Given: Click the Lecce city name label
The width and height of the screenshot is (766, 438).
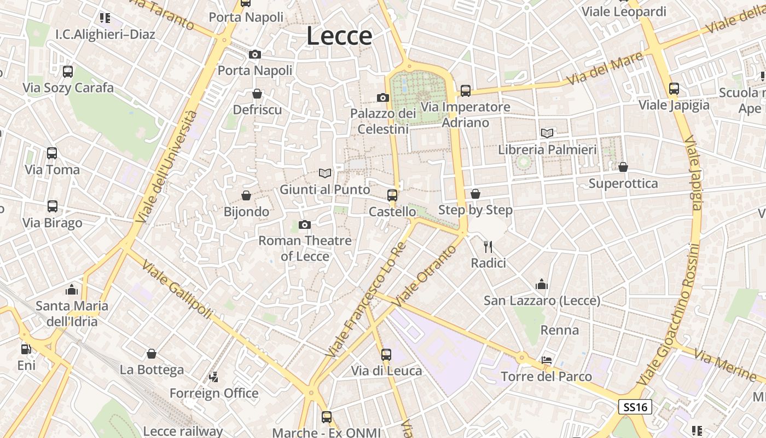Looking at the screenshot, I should pyautogui.click(x=339, y=36).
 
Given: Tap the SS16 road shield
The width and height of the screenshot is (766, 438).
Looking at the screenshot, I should pyautogui.click(x=635, y=407).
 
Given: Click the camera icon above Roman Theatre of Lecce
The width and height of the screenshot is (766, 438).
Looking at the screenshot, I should pyautogui.click(x=305, y=224).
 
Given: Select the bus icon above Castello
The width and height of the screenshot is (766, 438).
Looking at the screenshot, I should pyautogui.click(x=392, y=195).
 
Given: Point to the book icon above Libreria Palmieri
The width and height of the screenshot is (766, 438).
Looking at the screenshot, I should pyautogui.click(x=547, y=132).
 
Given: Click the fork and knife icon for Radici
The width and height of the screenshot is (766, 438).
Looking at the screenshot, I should pyautogui.click(x=488, y=247).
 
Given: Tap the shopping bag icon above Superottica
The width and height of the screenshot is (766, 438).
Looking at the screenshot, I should pyautogui.click(x=623, y=167).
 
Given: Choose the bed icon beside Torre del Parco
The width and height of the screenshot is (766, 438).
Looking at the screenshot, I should pyautogui.click(x=546, y=360).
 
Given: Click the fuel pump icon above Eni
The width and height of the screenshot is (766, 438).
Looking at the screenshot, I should pyautogui.click(x=26, y=349).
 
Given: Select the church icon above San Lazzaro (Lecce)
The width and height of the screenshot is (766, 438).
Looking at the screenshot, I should pyautogui.click(x=542, y=284).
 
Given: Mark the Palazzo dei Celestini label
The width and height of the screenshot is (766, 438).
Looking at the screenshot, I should pyautogui.click(x=383, y=121).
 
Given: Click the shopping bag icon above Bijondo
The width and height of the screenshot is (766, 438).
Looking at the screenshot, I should pyautogui.click(x=246, y=195).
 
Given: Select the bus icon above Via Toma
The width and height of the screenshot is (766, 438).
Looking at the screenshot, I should pyautogui.click(x=52, y=153).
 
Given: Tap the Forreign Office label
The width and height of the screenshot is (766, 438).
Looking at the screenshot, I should pyautogui.click(x=213, y=393).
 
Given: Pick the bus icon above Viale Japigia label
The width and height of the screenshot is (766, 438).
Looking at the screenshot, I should pyautogui.click(x=674, y=89).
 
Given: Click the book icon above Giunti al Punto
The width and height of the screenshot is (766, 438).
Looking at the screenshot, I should pyautogui.click(x=325, y=173).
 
